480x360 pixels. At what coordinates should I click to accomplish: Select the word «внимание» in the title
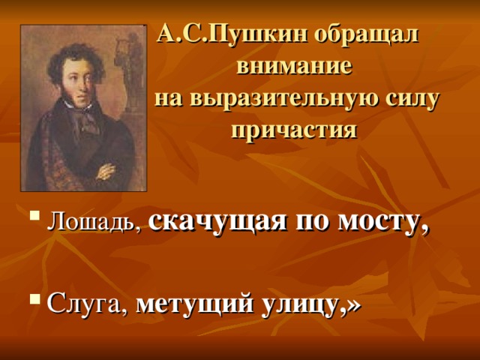(295, 67)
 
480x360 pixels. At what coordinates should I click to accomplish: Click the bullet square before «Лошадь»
(35, 215)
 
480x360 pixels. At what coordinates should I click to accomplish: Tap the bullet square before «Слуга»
(35, 298)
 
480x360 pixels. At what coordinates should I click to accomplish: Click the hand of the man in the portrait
(105, 172)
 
